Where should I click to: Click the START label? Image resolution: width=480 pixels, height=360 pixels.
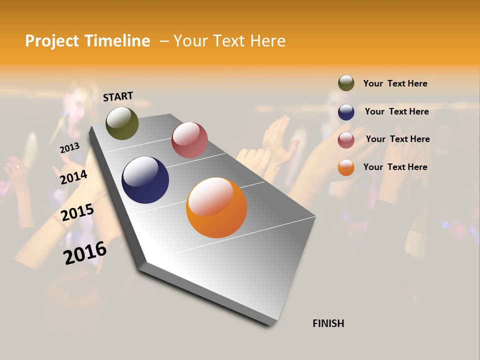[x=118, y=96]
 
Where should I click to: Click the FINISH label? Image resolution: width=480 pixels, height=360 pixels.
[x=328, y=323]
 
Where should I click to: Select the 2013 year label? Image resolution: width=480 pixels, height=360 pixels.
[x=69, y=148]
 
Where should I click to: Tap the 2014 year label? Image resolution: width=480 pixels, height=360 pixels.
[x=73, y=177]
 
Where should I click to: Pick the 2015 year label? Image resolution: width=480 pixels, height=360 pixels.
[x=77, y=212]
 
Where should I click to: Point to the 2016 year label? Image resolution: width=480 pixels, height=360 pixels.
[x=85, y=252]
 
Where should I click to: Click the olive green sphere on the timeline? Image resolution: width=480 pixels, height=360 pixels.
[x=122, y=123]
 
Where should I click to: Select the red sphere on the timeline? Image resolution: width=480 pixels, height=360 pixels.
[x=189, y=140]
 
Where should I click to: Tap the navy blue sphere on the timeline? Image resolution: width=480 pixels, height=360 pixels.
[x=145, y=180]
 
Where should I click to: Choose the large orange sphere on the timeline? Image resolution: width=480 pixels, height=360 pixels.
[x=216, y=207]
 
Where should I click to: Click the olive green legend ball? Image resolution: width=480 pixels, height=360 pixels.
[x=346, y=83]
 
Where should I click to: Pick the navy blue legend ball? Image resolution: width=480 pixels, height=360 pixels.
[x=346, y=112]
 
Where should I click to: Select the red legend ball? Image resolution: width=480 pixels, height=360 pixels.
[x=346, y=140]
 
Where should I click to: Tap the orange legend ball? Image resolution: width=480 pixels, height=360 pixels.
[x=346, y=167]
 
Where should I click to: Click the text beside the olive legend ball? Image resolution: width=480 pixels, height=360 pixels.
[x=395, y=83]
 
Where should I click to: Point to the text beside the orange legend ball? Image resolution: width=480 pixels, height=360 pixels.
[x=395, y=167]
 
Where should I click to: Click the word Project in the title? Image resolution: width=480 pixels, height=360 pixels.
[x=52, y=41]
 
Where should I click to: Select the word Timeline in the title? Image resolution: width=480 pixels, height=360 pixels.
[x=117, y=41]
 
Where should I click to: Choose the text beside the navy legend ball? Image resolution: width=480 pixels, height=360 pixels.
[x=396, y=111]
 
